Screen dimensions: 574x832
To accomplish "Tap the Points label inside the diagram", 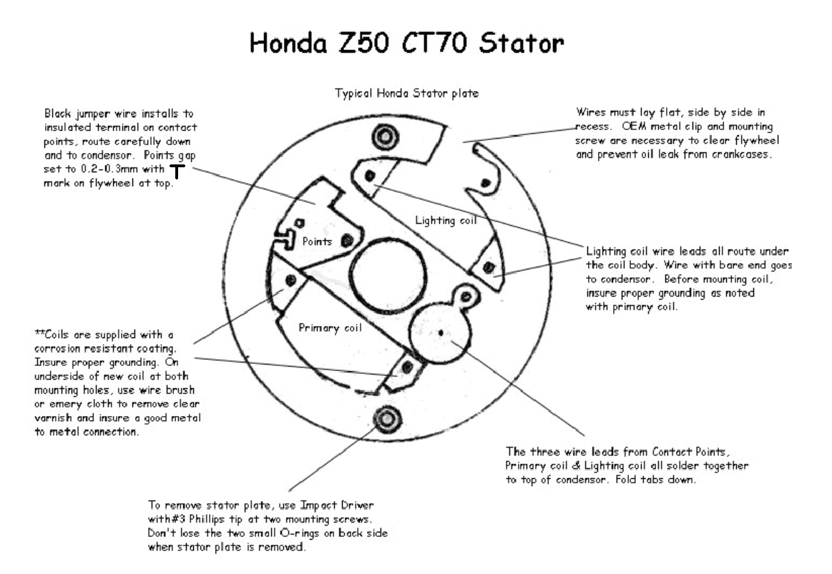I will click(317, 242).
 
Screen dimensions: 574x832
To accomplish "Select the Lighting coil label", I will click(446, 220).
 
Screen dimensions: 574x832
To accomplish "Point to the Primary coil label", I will click(330, 329).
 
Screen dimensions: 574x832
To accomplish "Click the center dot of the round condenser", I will click(441, 332).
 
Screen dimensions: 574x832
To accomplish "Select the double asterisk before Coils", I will click(38, 334).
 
